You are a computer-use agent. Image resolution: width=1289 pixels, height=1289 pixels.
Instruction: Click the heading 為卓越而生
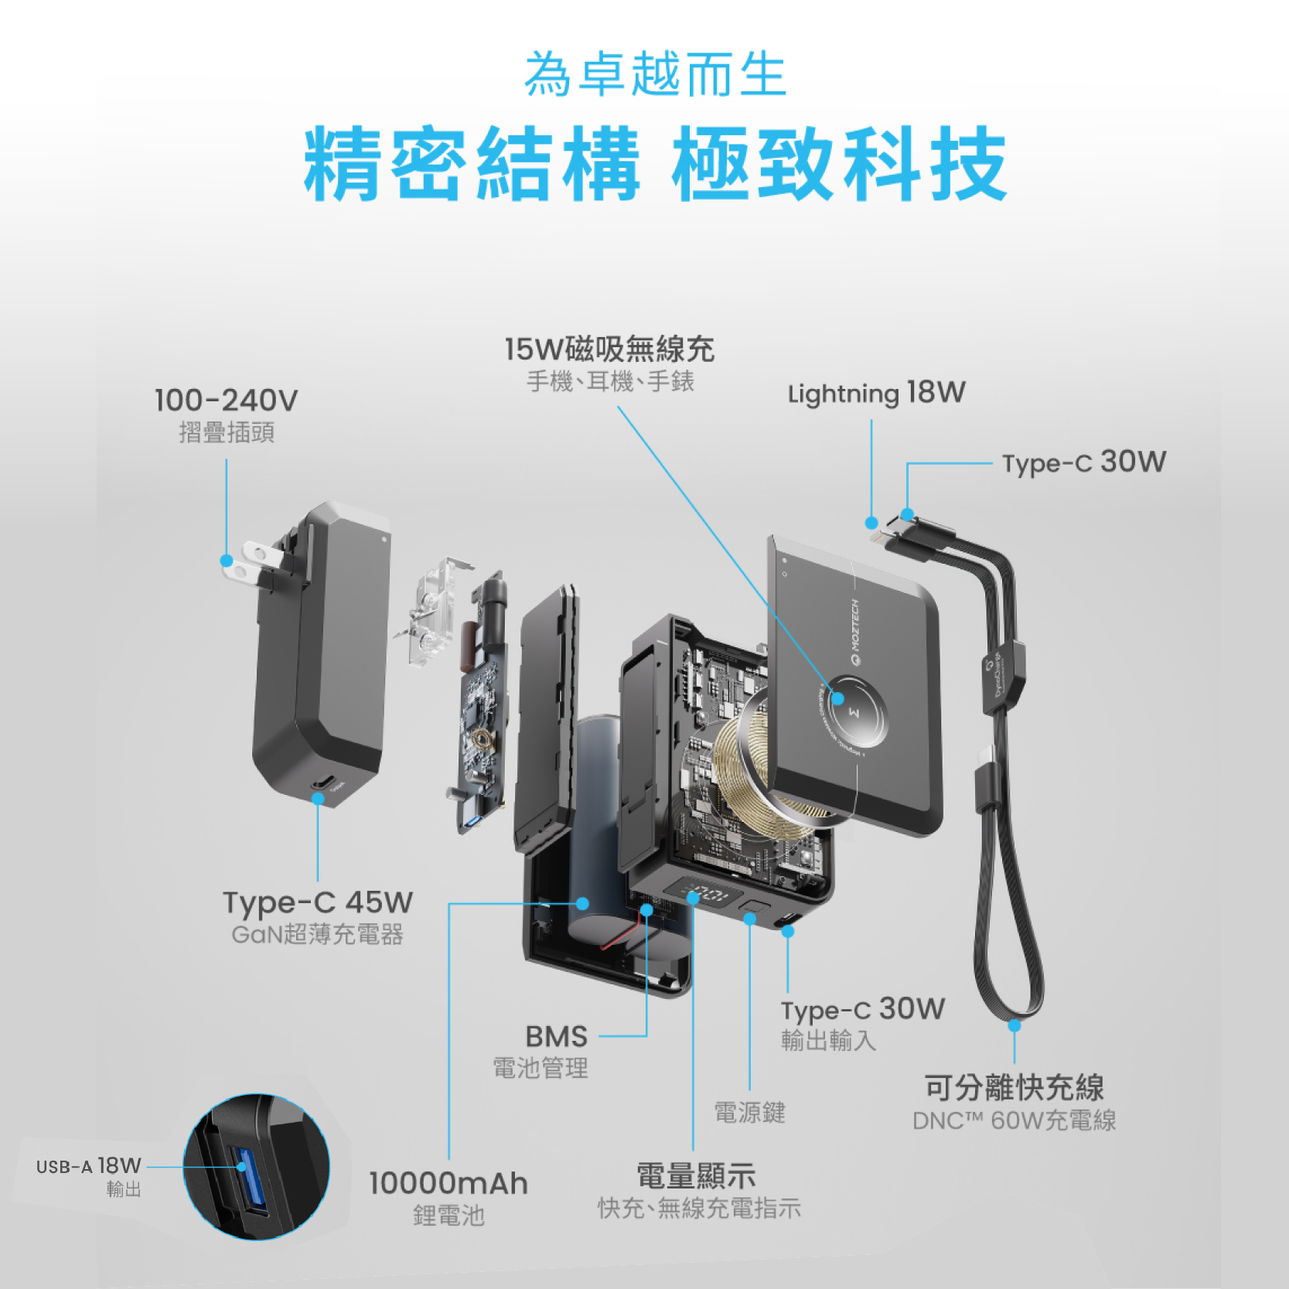click(654, 75)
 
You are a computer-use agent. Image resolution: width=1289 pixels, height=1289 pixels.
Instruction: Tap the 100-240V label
click(226, 401)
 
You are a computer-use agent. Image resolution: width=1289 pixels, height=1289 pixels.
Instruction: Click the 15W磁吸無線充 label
click(609, 350)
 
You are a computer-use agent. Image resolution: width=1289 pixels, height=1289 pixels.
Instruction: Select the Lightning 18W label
click(876, 394)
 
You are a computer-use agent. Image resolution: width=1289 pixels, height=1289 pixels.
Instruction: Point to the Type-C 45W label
click(317, 902)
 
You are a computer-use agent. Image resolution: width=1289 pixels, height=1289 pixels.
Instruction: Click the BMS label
click(556, 1036)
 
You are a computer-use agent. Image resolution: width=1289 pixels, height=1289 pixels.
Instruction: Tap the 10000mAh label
click(448, 1183)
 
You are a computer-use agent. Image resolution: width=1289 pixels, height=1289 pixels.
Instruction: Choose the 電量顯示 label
click(695, 1176)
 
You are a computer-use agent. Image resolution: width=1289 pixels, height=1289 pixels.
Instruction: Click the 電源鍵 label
click(749, 1112)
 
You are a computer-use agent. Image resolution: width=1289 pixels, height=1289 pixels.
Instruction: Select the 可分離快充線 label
click(1014, 1087)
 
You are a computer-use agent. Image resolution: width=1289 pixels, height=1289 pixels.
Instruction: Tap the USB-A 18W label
click(89, 1166)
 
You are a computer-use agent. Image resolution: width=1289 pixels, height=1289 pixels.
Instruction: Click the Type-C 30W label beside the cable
click(1083, 462)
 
